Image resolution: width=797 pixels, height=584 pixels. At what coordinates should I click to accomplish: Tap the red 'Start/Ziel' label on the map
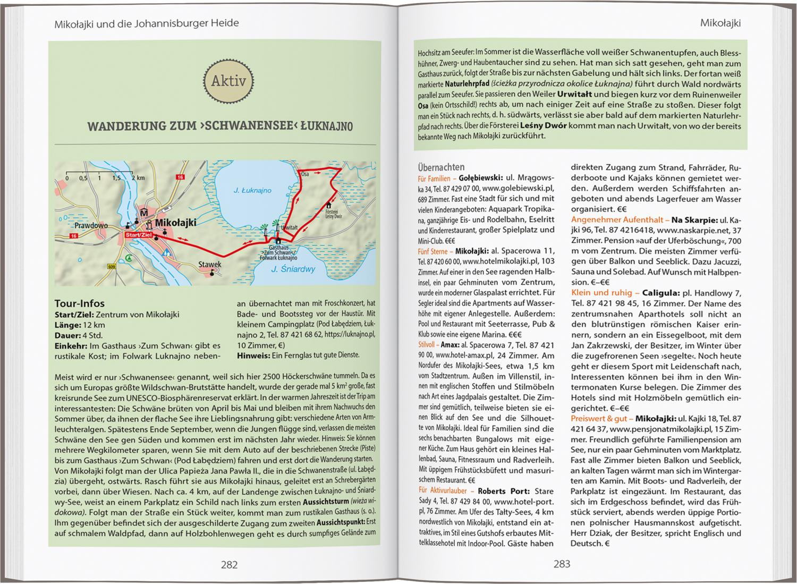[x=139, y=234]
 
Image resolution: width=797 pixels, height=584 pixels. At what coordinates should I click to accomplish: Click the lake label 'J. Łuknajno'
[x=252, y=190]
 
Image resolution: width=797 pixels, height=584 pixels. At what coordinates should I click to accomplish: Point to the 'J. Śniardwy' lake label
[x=293, y=269]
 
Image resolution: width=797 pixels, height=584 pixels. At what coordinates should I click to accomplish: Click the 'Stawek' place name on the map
[x=209, y=264]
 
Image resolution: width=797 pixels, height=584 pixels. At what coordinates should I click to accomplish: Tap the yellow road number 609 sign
[x=111, y=266]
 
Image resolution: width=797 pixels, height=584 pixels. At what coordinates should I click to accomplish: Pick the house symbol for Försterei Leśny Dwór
[x=329, y=205]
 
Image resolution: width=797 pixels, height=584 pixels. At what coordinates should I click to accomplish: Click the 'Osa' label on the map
[x=305, y=174]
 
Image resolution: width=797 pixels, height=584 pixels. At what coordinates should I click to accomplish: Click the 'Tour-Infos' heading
[x=80, y=303]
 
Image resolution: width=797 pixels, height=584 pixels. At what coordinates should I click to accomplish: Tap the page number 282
[x=229, y=564]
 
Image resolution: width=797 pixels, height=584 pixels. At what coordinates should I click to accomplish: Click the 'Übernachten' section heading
[x=441, y=167]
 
